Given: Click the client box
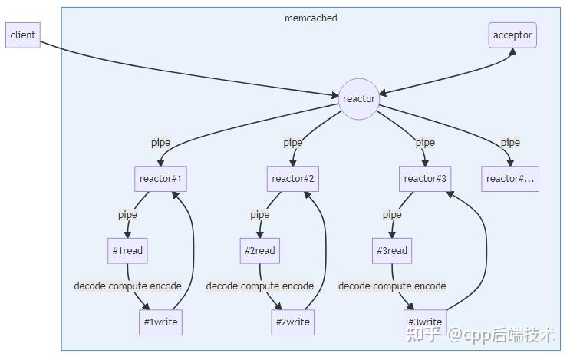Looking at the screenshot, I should click(22, 35).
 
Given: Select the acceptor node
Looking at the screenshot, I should click(512, 35).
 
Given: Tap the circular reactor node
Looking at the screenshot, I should click(359, 99).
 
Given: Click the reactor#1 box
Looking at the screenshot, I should click(160, 179).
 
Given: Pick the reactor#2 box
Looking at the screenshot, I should click(293, 179).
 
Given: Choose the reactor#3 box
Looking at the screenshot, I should click(425, 179).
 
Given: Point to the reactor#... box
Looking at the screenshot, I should click(510, 179).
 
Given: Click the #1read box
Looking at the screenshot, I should click(127, 250).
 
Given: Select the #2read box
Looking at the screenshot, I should click(259, 250).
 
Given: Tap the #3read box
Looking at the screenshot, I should click(392, 250).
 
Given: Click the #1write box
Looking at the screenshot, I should click(160, 322).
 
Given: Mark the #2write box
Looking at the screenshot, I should click(293, 322).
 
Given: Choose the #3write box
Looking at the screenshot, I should click(425, 322).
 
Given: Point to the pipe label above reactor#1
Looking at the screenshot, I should click(160, 143).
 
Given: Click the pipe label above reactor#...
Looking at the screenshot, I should click(510, 143).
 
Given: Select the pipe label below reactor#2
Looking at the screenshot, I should click(259, 215).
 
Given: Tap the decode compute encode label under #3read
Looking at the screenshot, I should click(392, 286).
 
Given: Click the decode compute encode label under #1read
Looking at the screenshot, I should click(127, 286).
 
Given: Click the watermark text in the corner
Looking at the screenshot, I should click(480, 335).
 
